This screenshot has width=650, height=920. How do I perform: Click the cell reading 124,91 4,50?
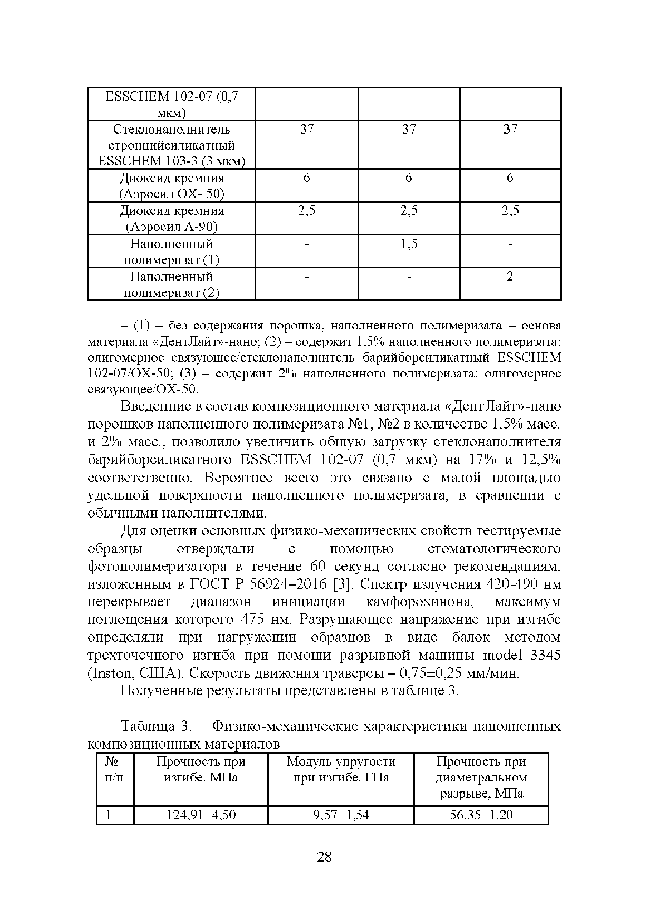(201, 815)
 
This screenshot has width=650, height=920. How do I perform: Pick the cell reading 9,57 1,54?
(341, 815)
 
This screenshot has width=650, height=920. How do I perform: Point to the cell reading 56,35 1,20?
(481, 815)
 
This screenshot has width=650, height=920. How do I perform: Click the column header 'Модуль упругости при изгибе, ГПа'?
(341, 769)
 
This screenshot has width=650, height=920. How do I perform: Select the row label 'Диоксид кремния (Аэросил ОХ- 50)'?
(172, 186)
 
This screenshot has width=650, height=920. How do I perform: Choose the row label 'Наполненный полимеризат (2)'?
(172, 284)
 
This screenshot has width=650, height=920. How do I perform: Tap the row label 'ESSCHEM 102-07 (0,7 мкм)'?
(172, 104)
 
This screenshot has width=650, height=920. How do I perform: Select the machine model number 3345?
(546, 655)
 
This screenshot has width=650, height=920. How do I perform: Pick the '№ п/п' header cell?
(114, 769)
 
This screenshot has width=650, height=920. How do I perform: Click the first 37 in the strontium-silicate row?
(307, 130)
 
